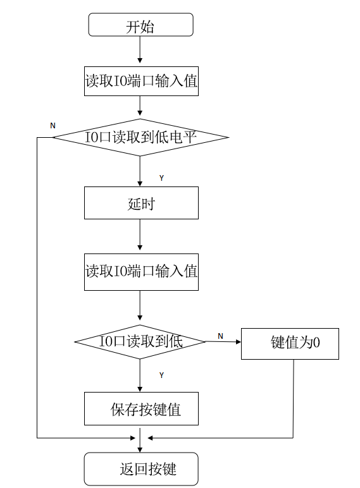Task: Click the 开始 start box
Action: pyautogui.click(x=140, y=26)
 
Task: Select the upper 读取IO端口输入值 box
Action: pyautogui.click(x=141, y=81)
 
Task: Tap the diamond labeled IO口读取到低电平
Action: pyautogui.click(x=140, y=137)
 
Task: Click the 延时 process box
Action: pyautogui.click(x=141, y=203)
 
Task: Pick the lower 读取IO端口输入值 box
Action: pyautogui.click(x=141, y=272)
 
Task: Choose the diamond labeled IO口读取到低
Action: pyautogui.click(x=140, y=342)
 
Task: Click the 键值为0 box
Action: pyautogui.click(x=290, y=343)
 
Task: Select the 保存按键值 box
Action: pyautogui.click(x=141, y=409)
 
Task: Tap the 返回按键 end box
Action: pyautogui.click(x=141, y=469)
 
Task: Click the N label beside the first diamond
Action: pyautogui.click(x=53, y=126)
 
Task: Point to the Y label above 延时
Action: pyautogui.click(x=161, y=178)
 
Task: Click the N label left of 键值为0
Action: pyautogui.click(x=220, y=336)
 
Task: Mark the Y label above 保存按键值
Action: pyautogui.click(x=161, y=375)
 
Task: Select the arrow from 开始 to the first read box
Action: pyautogui.click(x=140, y=51)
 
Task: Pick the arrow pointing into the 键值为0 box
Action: pyautogui.click(x=223, y=342)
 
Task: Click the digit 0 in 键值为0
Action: pyautogui.click(x=316, y=343)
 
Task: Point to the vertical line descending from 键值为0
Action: pyautogui.click(x=294, y=398)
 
